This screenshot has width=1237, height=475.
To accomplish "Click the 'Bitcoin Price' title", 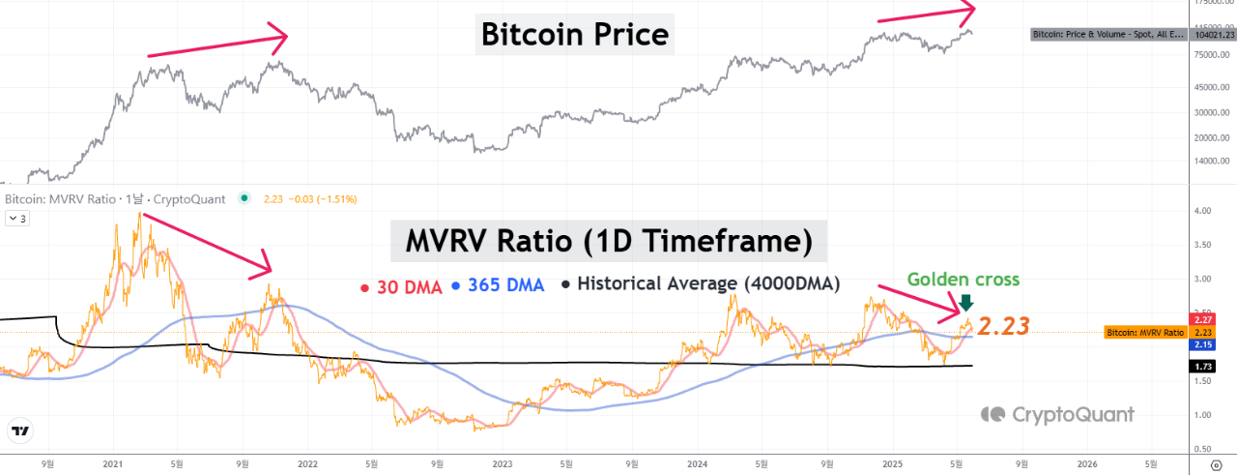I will pos(575,36).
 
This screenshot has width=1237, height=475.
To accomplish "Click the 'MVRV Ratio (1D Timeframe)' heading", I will pos(608,239).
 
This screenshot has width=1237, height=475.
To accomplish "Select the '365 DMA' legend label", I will pos(504,285).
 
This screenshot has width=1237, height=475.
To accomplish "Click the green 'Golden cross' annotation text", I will pos(964,280).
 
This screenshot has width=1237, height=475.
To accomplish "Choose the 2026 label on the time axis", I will pos(1087,463).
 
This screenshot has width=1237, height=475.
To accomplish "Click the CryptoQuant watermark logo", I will pos(1057,414).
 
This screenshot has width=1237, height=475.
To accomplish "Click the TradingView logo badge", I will pos(19,432).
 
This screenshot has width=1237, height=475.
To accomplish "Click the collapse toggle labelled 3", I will pos(17,219).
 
